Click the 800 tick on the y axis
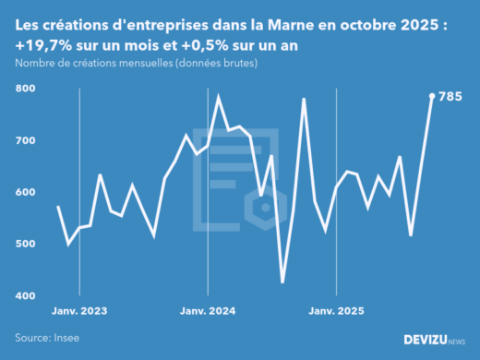click(26, 89)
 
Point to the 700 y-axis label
click(26, 140)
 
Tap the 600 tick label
click(26, 192)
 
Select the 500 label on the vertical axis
click(26, 244)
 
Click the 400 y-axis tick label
click(26, 295)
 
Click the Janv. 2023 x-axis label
click(79, 311)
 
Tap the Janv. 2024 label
click(208, 311)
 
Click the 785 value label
click(450, 96)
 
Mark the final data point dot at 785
click(432, 95)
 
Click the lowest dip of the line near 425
click(282, 282)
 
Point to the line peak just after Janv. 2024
click(218, 96)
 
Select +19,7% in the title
click(41, 44)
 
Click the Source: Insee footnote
click(47, 338)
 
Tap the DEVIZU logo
click(434, 340)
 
